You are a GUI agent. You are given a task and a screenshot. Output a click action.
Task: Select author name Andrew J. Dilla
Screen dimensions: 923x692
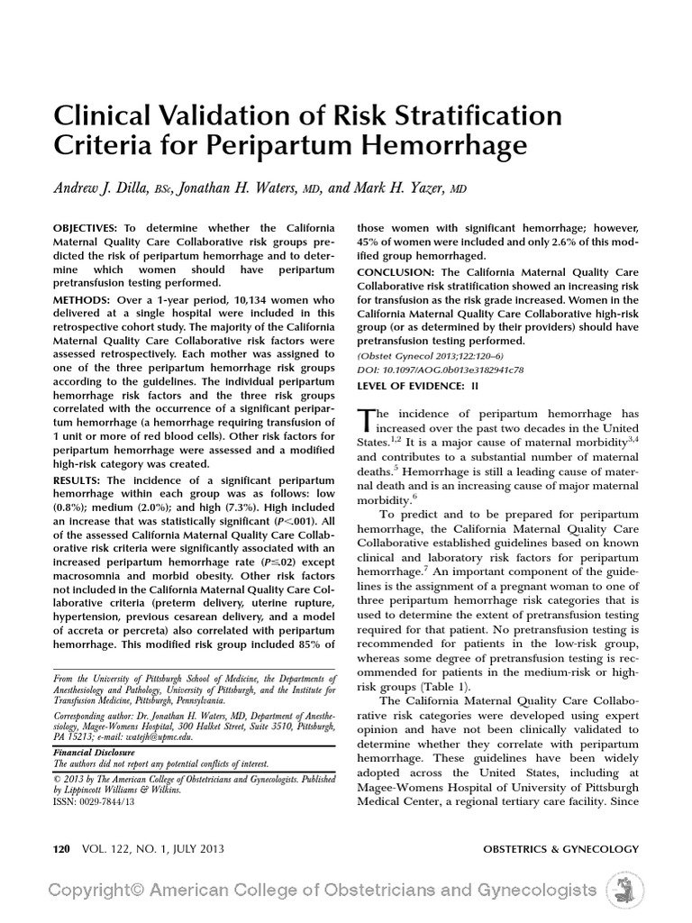pos(111,187)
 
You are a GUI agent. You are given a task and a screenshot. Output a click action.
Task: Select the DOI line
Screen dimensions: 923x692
pos(441,370)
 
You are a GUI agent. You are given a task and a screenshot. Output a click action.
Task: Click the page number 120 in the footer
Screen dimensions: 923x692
pos(61,849)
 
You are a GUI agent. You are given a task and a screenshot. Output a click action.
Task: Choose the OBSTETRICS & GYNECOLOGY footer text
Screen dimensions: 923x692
pos(560,849)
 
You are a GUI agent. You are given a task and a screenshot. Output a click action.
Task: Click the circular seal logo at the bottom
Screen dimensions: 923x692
pos(622,890)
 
